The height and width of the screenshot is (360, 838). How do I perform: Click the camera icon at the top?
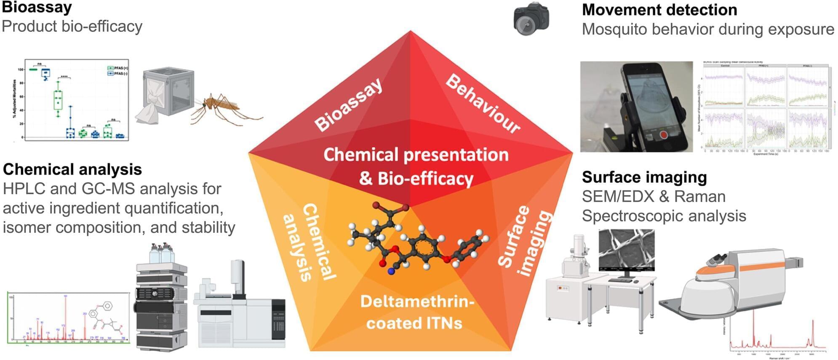point(531,19)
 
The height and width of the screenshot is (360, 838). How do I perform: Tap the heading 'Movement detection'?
point(659,10)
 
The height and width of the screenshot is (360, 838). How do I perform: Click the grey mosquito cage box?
point(168,91)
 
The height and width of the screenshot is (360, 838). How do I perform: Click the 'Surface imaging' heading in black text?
point(644,177)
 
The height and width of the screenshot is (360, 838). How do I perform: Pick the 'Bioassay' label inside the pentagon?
point(348,105)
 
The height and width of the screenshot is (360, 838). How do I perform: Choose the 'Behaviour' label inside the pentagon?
point(483,104)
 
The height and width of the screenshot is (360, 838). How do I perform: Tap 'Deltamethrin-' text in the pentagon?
point(417,302)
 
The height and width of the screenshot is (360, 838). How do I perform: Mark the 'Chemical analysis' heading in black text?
point(72,169)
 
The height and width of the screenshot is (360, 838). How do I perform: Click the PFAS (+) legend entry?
point(118,68)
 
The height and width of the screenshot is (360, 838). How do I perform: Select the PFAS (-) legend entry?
point(118,73)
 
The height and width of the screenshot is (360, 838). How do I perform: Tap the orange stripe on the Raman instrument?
point(762,267)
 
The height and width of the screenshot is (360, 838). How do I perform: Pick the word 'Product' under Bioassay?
point(29,27)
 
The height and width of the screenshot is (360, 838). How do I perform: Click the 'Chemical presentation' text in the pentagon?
point(416,155)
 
